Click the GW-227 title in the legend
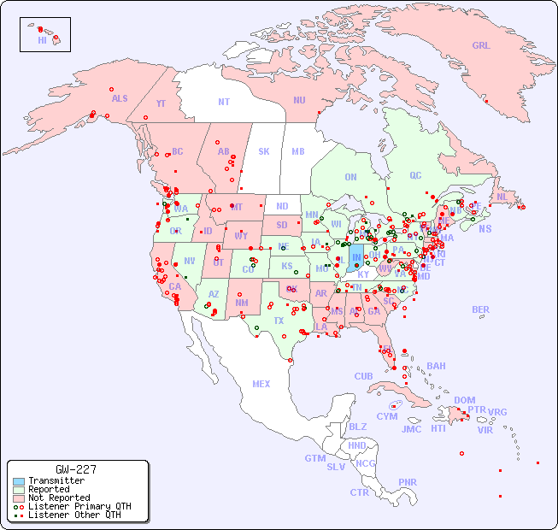point(76,469)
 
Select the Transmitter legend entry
point(56,481)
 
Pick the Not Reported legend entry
point(59,498)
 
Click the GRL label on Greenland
point(481,46)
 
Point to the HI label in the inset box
point(42,40)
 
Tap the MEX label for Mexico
point(261,384)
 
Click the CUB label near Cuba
point(364,376)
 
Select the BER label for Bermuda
point(481,309)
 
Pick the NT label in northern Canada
point(224,102)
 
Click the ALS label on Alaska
point(120,98)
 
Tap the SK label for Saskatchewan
point(264,151)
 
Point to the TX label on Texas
point(279,321)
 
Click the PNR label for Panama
point(408,482)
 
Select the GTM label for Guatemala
point(315,458)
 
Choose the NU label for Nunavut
point(299,100)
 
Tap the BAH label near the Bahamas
point(436,366)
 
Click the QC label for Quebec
point(415,175)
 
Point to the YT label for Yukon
point(161,103)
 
